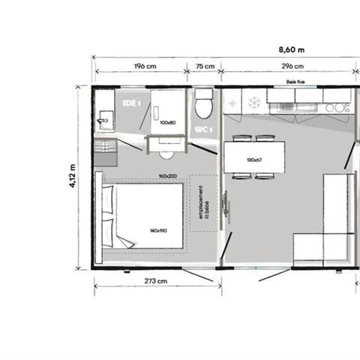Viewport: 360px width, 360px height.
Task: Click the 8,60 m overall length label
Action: pyautogui.click(x=289, y=49)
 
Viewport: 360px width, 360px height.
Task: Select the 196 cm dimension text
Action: pyautogui.click(x=144, y=66)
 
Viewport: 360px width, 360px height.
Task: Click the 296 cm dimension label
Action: pyautogui.click(x=288, y=66)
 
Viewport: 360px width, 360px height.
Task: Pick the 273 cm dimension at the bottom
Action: pyautogui.click(x=156, y=282)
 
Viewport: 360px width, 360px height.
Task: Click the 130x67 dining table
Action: pyautogui.click(x=253, y=158)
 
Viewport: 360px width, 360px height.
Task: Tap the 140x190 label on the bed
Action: pyautogui.click(x=157, y=229)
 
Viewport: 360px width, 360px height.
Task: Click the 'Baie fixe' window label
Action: pyautogui.click(x=295, y=82)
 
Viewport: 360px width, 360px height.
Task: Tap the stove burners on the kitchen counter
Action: pyautogui.click(x=337, y=107)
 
